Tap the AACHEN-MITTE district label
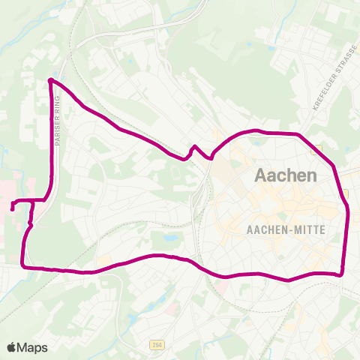tap(286, 229)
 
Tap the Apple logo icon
tap(12, 347)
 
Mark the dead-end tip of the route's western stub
tap(13, 208)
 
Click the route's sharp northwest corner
tap(50, 79)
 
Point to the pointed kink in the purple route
tap(193, 146)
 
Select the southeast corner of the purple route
tap(342, 273)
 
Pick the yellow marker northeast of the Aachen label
tap(320, 148)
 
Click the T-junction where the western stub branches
tap(32, 201)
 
